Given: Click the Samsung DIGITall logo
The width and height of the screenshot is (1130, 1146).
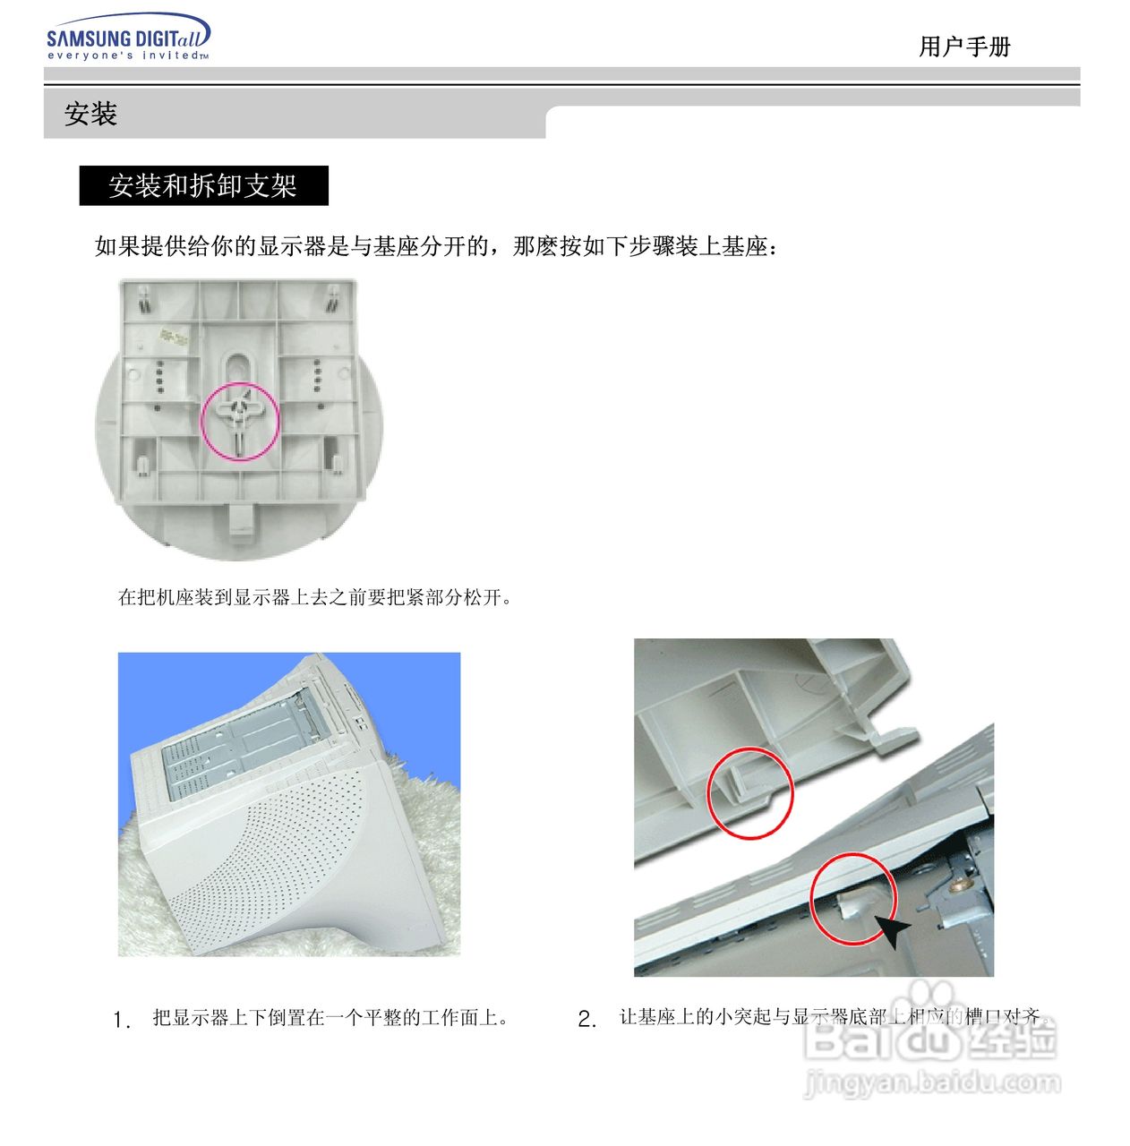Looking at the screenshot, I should (128, 37).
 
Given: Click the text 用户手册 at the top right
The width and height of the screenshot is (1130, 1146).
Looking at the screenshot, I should (964, 47).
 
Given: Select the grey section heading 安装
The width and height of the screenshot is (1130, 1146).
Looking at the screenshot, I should (90, 115).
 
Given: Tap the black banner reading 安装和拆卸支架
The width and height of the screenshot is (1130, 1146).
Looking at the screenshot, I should (203, 185).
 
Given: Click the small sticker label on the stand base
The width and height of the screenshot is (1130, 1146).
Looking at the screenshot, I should (175, 338).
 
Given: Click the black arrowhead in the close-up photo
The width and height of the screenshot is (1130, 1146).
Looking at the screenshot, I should (891, 931).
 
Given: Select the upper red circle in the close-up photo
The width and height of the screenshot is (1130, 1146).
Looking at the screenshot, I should (750, 793).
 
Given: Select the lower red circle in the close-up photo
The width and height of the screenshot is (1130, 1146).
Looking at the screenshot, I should (852, 898).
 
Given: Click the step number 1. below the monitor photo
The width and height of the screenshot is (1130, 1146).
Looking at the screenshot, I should (122, 1020).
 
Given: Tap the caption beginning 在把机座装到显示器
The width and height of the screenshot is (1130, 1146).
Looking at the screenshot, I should (315, 597).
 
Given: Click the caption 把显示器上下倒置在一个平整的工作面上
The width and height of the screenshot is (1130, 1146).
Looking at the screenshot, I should (330, 1018).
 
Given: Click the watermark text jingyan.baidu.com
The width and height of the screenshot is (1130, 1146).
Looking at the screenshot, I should (932, 1082).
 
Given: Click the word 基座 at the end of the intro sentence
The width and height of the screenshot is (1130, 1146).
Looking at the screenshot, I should (744, 246).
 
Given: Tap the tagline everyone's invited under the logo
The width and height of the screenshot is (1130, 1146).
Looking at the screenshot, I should (127, 56).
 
